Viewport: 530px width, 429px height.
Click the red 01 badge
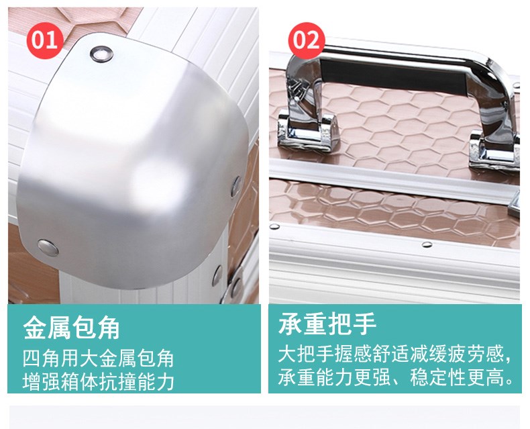point(45,40)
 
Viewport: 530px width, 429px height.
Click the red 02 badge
point(307,40)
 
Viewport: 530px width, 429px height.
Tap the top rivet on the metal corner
point(101,54)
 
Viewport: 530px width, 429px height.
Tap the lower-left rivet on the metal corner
point(48,248)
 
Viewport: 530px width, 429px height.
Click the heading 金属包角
point(72,328)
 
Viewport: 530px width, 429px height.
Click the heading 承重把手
point(327,324)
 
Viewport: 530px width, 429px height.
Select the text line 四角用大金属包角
point(99,359)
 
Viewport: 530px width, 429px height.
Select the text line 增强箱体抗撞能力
point(99,381)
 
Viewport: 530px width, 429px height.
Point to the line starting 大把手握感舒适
point(394,354)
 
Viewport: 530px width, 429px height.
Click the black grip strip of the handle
point(393,75)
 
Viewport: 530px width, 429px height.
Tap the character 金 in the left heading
point(35,328)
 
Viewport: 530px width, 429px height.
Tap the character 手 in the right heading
point(364,324)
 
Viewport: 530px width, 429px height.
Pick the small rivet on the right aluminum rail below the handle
point(427,244)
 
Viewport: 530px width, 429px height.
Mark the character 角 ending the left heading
point(108,328)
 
